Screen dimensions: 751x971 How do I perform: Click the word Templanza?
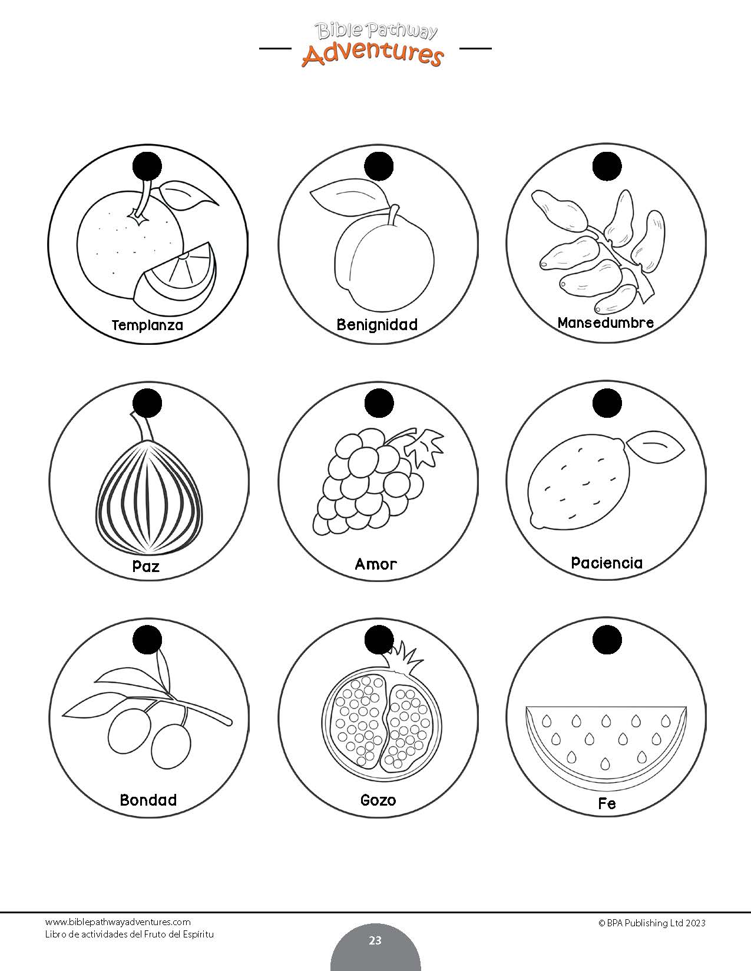[x=147, y=325]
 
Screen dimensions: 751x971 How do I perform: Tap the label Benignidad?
[x=377, y=324]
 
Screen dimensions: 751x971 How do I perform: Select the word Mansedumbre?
[x=606, y=322]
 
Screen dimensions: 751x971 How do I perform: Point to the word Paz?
[x=146, y=566]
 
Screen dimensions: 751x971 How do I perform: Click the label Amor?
[x=376, y=564]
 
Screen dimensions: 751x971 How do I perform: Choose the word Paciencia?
[x=607, y=563]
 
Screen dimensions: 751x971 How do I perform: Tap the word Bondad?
[x=148, y=799]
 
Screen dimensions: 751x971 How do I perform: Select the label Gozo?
[x=378, y=799]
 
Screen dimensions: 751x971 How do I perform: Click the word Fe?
[x=607, y=803]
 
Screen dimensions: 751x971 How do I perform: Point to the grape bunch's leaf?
[x=424, y=447]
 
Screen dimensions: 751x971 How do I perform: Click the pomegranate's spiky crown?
[x=405, y=656]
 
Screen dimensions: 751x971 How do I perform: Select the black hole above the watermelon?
[x=607, y=640]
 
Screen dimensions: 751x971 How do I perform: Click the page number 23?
[x=375, y=940]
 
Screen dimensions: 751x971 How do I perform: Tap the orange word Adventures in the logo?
[x=373, y=54]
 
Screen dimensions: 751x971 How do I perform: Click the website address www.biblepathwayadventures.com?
[x=118, y=922]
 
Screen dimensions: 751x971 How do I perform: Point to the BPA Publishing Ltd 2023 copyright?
[x=652, y=923]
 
